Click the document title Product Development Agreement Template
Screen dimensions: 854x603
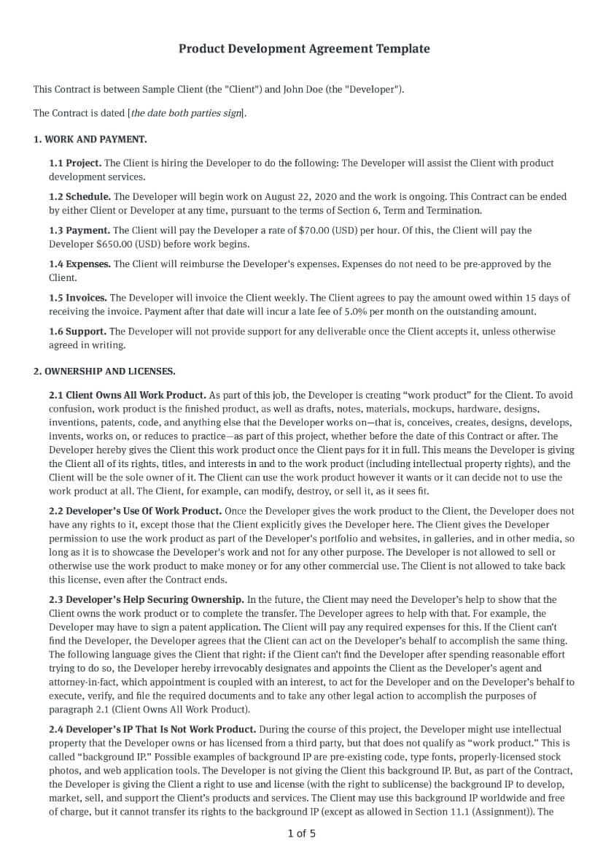pos(304,49)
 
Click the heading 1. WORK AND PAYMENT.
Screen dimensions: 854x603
pos(90,139)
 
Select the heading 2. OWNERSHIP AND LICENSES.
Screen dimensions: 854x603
pos(104,371)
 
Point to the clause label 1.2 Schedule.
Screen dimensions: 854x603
pos(79,196)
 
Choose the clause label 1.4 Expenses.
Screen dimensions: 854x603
pos(79,263)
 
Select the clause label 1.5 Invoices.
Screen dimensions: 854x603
pos(78,297)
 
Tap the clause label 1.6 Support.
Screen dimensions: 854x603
pos(77,331)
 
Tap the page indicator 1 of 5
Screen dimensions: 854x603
pos(302,833)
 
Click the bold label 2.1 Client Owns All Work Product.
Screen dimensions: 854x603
pos(127,395)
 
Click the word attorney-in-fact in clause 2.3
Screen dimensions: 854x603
pos(77,682)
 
